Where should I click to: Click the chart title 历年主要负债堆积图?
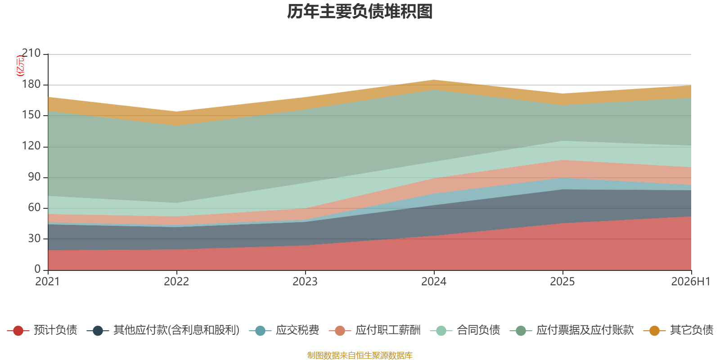click(x=360, y=12)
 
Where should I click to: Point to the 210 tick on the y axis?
click(x=31, y=53)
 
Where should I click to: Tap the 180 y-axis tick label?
click(x=31, y=84)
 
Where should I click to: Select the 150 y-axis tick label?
click(x=31, y=115)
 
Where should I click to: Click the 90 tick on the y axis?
click(x=34, y=177)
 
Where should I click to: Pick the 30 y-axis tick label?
click(x=34, y=238)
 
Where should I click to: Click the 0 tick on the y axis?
click(x=38, y=270)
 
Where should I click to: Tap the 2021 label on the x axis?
click(x=48, y=282)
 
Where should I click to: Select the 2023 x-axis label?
click(x=305, y=282)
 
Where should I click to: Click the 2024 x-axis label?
click(x=434, y=282)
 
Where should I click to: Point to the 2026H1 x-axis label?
click(x=691, y=282)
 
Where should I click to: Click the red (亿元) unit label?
click(x=20, y=66)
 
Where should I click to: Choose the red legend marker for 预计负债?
click(x=18, y=330)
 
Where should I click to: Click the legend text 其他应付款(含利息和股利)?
click(x=176, y=330)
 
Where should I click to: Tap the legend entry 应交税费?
click(x=284, y=330)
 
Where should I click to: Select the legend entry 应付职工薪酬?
click(x=375, y=330)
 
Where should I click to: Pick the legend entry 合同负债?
click(x=465, y=330)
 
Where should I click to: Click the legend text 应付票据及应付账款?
click(x=585, y=330)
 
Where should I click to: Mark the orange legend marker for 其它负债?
click(x=654, y=330)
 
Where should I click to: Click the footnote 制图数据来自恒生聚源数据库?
click(x=360, y=355)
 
